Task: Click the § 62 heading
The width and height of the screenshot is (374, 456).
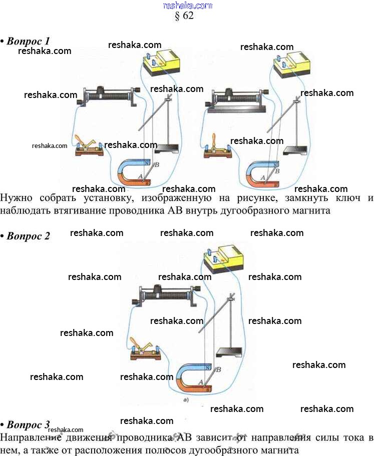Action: tap(184, 15)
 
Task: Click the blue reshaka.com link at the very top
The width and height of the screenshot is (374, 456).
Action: tap(188, 5)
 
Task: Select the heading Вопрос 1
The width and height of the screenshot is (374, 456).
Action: tap(28, 40)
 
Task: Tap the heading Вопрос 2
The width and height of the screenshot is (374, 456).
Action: tap(28, 236)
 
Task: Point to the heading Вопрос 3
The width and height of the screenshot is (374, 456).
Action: tap(28, 424)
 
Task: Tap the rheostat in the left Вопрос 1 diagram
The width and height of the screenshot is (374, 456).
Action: tap(109, 95)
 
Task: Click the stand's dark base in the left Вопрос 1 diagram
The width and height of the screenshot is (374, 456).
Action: tap(168, 148)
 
